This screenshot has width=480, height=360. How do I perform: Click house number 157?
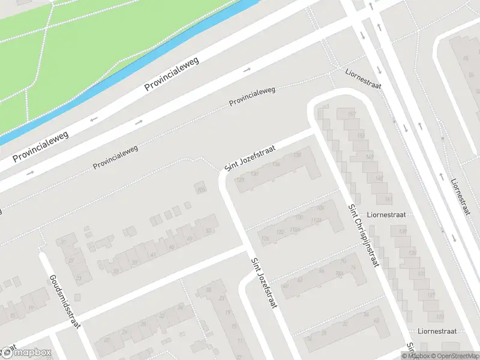[x=352, y=114]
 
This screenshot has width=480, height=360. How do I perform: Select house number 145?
[x=379, y=178]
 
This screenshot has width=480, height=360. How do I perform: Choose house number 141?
[x=388, y=199]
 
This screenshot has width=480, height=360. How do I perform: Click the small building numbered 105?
[x=200, y=190]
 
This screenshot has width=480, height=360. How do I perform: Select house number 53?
[x=209, y=230]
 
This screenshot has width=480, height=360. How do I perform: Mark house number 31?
[x=65, y=242]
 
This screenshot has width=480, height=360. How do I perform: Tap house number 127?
[x=431, y=295]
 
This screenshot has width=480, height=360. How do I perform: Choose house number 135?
[x=412, y=253]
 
